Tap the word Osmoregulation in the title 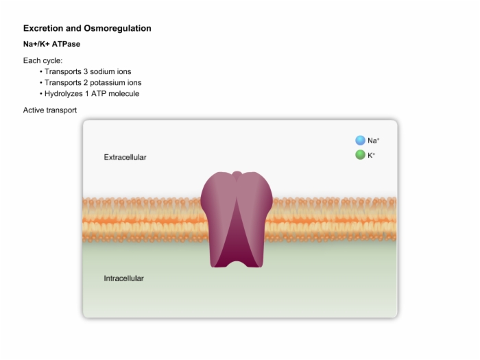click(x=117, y=29)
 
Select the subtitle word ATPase click(x=66, y=44)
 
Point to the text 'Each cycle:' click(x=43, y=60)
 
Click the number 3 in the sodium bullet click(x=86, y=71)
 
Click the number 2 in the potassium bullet click(x=86, y=83)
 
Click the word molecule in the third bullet click(x=123, y=94)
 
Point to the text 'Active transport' click(x=50, y=110)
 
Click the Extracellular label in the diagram click(x=125, y=157)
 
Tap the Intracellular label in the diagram click(x=123, y=278)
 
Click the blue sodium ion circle click(x=360, y=141)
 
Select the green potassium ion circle click(x=360, y=155)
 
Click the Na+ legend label click(x=374, y=141)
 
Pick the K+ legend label click(x=372, y=155)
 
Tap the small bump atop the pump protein click(x=237, y=174)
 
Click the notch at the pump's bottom click(x=237, y=264)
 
